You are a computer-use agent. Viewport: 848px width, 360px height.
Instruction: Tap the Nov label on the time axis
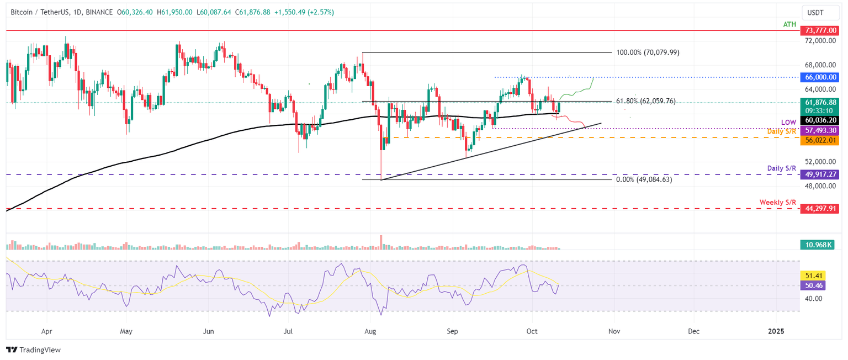613,332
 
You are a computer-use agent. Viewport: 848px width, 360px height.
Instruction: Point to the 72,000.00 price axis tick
819,41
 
